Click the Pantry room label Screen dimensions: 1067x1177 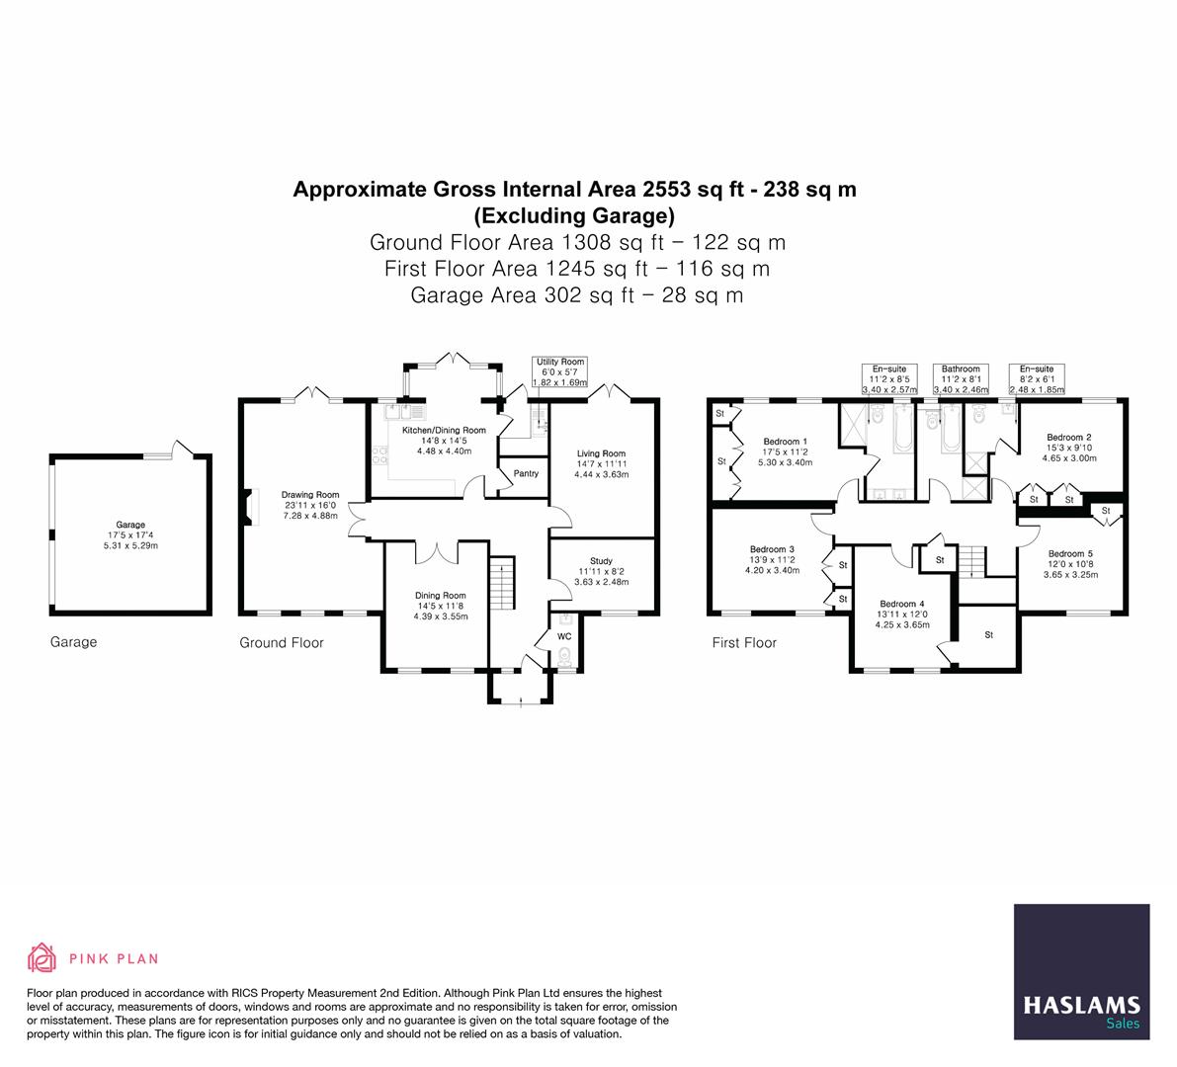[526, 473]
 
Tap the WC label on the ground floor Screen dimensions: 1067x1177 [564, 636]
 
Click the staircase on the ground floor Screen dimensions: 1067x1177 [502, 584]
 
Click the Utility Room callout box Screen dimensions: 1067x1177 [559, 372]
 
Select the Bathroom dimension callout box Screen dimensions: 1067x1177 [961, 379]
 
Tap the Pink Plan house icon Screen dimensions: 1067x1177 [42, 957]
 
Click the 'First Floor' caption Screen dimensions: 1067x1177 [744, 643]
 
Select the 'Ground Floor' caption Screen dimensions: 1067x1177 [282, 643]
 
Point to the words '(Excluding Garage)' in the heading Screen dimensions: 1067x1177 [574, 214]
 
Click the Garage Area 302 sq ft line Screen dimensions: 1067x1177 [576, 294]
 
